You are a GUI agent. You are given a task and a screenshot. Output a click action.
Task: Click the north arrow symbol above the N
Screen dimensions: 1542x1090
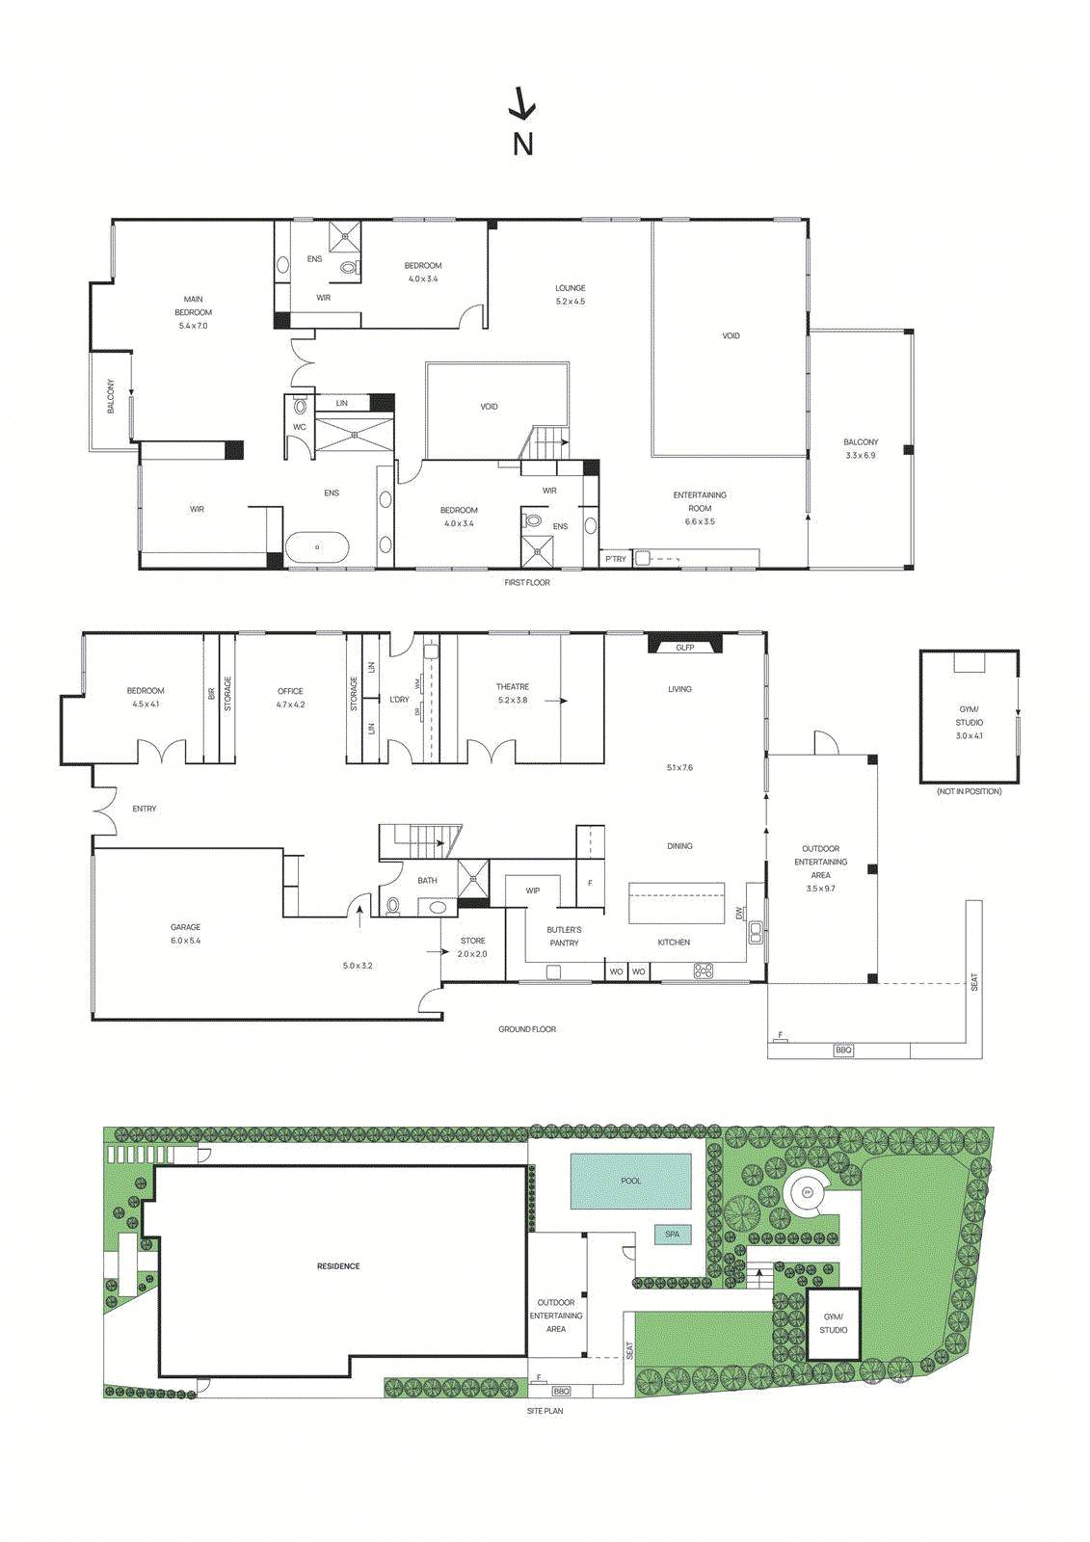click(x=522, y=104)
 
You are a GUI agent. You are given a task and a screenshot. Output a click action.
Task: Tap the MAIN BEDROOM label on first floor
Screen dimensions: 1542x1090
click(x=193, y=312)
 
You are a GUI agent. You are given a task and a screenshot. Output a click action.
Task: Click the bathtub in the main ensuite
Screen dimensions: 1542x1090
click(x=317, y=547)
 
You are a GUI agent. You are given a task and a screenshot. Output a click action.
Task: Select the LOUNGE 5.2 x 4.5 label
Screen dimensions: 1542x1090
click(x=570, y=295)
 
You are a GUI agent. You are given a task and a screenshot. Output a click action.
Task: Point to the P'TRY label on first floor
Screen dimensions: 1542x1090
click(x=615, y=559)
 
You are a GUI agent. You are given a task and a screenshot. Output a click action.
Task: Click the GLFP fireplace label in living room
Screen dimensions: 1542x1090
click(x=684, y=648)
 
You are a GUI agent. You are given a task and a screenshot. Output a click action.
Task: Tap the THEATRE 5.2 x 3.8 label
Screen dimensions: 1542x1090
click(x=512, y=694)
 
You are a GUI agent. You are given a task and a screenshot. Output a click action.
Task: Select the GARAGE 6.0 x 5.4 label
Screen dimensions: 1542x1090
click(x=185, y=934)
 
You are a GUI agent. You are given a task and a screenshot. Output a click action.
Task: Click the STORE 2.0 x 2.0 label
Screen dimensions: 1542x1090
click(x=472, y=947)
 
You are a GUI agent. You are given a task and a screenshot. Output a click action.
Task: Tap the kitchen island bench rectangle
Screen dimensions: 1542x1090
click(x=676, y=904)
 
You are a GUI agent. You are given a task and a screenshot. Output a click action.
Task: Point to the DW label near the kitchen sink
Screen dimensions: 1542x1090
click(x=740, y=913)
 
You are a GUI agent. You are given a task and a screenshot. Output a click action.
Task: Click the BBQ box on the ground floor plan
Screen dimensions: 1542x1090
click(x=843, y=1050)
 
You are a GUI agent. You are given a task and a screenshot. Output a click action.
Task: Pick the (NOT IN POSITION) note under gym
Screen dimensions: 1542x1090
click(x=969, y=792)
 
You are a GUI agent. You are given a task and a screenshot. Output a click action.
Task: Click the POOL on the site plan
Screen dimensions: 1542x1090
click(x=630, y=1182)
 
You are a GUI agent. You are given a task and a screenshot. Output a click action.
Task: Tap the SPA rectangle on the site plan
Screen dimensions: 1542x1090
click(x=672, y=1235)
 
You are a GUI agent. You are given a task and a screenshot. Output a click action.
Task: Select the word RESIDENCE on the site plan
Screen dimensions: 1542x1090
click(x=338, y=1266)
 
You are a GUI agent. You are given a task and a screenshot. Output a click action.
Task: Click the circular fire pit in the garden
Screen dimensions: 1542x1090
click(x=808, y=1193)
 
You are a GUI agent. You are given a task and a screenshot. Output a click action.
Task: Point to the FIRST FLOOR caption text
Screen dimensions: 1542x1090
click(x=527, y=583)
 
